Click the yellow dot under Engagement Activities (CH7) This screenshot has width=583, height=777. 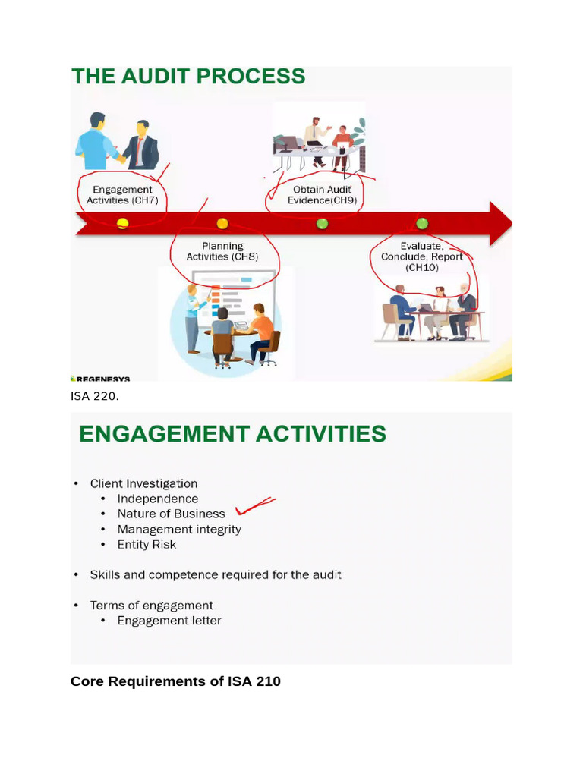click(122, 224)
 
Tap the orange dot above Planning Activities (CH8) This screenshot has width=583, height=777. click(222, 224)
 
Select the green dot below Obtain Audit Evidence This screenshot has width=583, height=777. click(322, 224)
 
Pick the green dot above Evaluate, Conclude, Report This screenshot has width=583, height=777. click(422, 224)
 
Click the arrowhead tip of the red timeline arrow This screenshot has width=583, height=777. click(512, 224)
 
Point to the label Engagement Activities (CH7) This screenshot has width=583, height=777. click(122, 195)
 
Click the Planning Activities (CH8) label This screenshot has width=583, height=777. click(222, 251)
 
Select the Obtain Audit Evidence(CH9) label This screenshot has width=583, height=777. click(322, 195)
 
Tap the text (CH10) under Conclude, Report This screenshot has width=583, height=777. click(422, 268)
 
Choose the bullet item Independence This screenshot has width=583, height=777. click(158, 499)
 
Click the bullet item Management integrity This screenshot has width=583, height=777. click(179, 529)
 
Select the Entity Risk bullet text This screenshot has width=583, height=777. click(147, 545)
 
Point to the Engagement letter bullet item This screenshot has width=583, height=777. click(169, 621)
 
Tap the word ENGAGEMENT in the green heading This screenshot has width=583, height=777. click(164, 433)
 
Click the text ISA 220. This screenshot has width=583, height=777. click(95, 396)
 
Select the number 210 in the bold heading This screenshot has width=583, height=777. click(268, 681)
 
